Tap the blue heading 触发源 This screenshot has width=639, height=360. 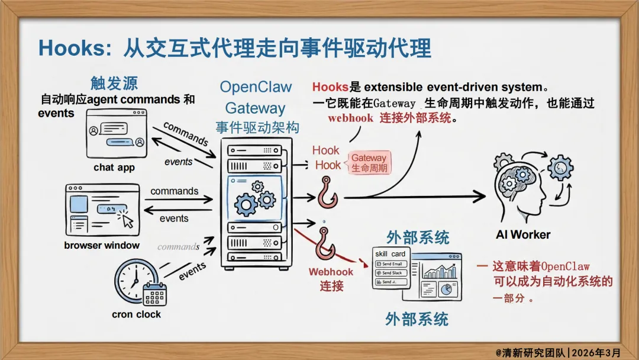coord(114,82)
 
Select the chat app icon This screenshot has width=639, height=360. coord(116,134)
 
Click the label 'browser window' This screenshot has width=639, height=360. coord(102,245)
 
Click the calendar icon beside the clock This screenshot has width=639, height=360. coord(155,294)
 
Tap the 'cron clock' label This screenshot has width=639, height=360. coord(136,314)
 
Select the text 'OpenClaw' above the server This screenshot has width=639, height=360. coord(256,86)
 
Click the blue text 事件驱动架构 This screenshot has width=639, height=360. coord(257,127)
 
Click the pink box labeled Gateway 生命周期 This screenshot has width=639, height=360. coord(369,162)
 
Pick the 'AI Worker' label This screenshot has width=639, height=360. coord(523,234)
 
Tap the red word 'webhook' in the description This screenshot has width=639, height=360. coord(351,118)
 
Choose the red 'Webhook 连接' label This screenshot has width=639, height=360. coord(331,279)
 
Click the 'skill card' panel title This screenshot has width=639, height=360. coord(390,254)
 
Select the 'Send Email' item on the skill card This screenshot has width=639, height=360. coord(390,264)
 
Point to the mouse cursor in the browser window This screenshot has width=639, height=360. coord(127,221)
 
